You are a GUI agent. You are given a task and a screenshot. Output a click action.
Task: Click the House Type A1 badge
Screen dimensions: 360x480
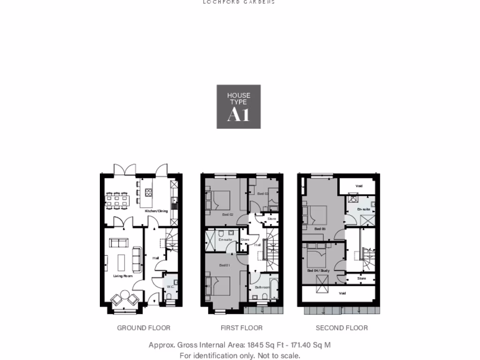point(239,107)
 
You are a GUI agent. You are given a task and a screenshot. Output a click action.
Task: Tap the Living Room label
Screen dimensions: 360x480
point(123,276)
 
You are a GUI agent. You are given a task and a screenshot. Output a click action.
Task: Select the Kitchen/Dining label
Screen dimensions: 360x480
point(156,211)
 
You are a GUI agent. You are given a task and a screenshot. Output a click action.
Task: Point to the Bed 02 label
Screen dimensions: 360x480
point(228,214)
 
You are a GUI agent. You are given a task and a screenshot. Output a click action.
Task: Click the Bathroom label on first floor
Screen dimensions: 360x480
point(262,287)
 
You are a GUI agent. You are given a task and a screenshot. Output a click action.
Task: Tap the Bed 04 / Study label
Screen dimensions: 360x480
point(318,270)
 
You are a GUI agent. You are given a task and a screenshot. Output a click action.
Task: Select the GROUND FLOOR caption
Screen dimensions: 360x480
point(143,328)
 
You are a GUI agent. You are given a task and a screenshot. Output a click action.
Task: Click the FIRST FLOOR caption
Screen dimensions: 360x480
point(241,328)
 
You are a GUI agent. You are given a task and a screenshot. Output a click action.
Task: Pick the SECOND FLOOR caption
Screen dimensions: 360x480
point(342,328)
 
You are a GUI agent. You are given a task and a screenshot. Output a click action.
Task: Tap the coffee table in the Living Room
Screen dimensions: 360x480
point(121,262)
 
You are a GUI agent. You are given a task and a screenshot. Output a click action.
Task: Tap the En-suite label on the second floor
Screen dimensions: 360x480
point(364,209)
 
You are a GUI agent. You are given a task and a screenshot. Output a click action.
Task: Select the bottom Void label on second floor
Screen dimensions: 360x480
point(342,293)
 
